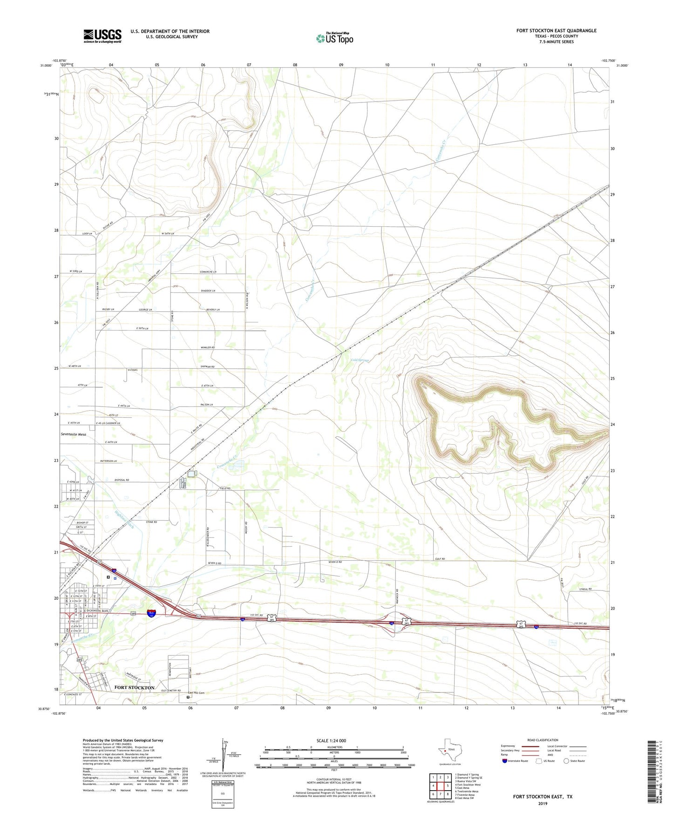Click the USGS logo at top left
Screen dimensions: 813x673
pyautogui.click(x=102, y=36)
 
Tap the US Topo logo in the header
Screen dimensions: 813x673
pyautogui.click(x=334, y=38)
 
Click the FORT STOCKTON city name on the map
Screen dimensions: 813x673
pyautogui.click(x=134, y=687)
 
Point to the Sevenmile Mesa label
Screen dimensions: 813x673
pyautogui.click(x=74, y=434)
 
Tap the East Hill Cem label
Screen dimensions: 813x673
pyautogui.click(x=196, y=693)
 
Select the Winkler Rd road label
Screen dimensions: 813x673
pyautogui.click(x=207, y=347)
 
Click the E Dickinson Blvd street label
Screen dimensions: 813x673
pyautogui.click(x=91, y=610)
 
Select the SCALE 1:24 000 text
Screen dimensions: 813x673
pyautogui.click(x=331, y=741)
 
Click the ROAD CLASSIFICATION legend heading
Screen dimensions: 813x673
pyautogui.click(x=543, y=740)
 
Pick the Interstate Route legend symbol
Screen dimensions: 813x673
pyautogui.click(x=505, y=761)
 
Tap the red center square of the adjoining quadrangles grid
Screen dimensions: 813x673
pyautogui.click(x=440, y=786)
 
